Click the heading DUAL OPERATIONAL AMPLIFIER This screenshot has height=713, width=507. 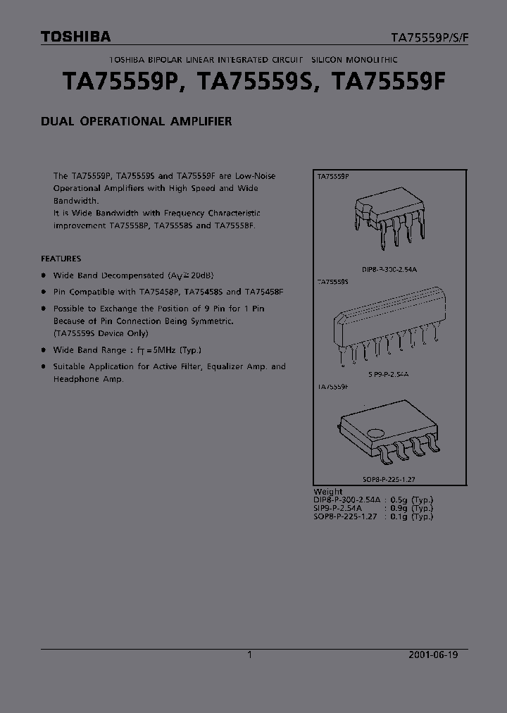[x=137, y=121]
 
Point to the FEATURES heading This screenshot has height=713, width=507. [x=61, y=259]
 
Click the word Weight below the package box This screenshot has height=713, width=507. [x=328, y=492]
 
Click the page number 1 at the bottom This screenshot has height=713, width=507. [x=250, y=655]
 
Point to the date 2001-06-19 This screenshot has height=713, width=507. [x=433, y=655]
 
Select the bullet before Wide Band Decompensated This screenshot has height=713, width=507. [x=44, y=275]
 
